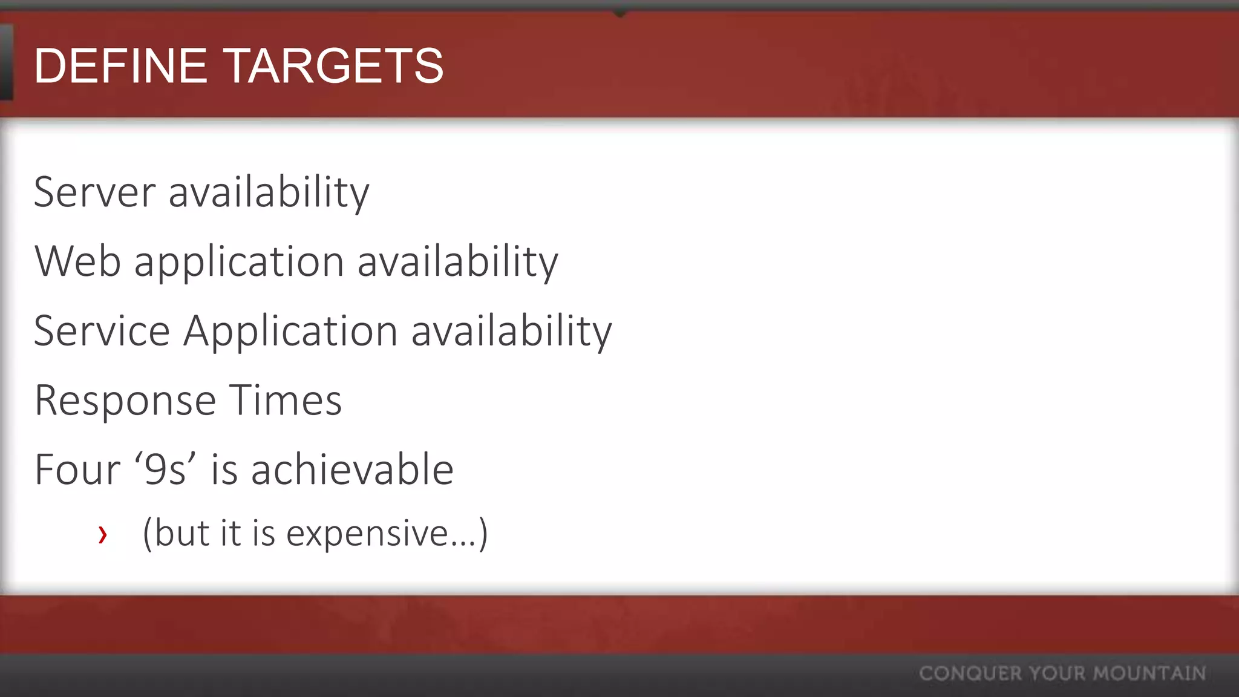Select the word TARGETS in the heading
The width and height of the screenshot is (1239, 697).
pos(334,66)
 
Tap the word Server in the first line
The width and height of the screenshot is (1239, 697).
pos(95,192)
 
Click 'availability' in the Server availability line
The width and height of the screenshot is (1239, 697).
pos(269,192)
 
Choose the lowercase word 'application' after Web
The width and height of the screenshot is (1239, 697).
pos(240,263)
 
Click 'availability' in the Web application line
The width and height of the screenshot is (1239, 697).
pos(458,261)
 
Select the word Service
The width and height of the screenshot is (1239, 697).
pos(102,331)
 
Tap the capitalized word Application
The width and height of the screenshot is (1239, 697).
pos(290,332)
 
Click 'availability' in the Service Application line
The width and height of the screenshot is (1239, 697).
pos(512,331)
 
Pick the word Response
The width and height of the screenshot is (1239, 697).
pos(125,401)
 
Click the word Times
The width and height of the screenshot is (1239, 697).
pos(285,400)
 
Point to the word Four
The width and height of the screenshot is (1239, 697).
pos(77,470)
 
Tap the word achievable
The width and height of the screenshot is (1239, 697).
pos(352,470)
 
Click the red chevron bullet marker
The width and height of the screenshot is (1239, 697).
pos(103,534)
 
